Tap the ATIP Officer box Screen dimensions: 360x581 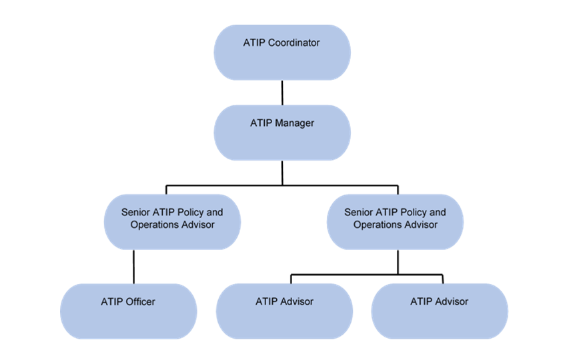pyautogui.click(x=128, y=311)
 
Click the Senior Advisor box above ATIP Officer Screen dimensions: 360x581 pyautogui.click(x=172, y=222)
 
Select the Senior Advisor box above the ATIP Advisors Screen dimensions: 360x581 pyautogui.click(x=395, y=222)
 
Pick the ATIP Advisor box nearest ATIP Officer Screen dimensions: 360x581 pyautogui.click(x=284, y=311)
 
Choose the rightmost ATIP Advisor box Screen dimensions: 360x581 pyautogui.click(x=439, y=311)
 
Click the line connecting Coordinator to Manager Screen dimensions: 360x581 pyautogui.click(x=282, y=93)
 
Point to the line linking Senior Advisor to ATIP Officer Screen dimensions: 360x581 pyautogui.click(x=134, y=267)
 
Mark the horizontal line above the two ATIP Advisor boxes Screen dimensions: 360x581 pyautogui.click(x=366, y=273)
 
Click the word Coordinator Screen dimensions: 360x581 pyautogui.click(x=294, y=43)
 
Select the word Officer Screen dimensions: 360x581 pyautogui.click(x=140, y=301)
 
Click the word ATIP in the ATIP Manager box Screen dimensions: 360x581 pyautogui.click(x=261, y=123)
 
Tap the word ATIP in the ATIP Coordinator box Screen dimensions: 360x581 pyautogui.click(x=254, y=43)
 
